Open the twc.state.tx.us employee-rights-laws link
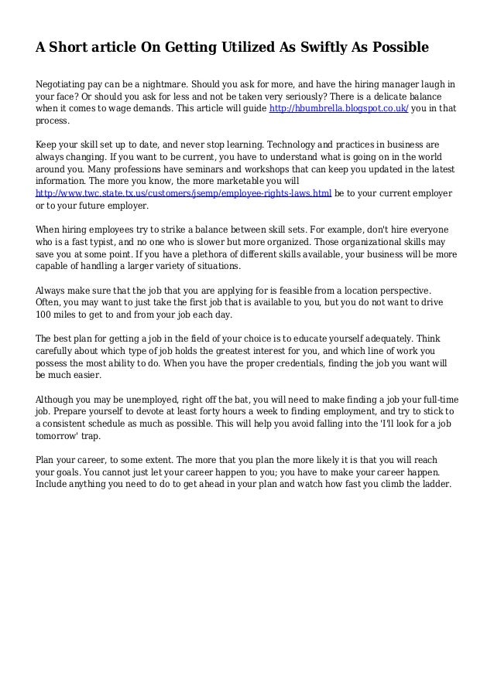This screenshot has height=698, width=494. pyautogui.click(x=184, y=192)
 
